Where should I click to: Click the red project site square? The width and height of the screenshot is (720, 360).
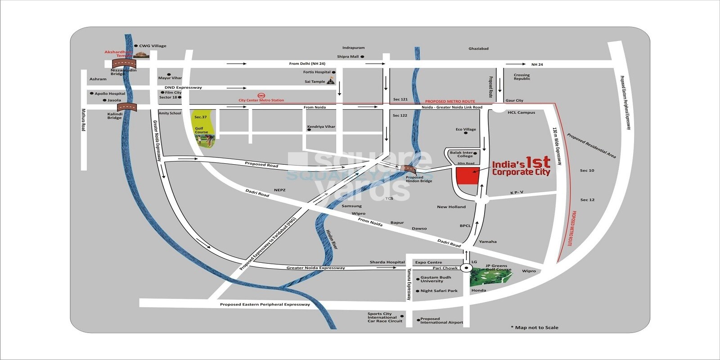[x=467, y=176]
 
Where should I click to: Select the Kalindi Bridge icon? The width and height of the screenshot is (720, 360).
[x=126, y=107]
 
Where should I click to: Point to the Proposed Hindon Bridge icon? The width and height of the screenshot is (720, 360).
[x=408, y=169]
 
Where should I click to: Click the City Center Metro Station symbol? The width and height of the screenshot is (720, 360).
[x=261, y=95]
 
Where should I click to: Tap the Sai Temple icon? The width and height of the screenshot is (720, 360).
[x=331, y=81]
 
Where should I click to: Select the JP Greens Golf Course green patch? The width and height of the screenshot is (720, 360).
[x=490, y=277]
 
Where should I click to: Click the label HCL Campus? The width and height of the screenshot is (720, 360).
[x=521, y=112]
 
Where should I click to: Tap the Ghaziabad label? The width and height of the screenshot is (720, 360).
[x=478, y=49]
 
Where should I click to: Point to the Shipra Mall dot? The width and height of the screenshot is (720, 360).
[x=362, y=57]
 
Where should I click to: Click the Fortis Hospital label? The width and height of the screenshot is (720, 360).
[x=317, y=72]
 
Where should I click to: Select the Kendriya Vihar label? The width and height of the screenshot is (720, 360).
[x=321, y=127]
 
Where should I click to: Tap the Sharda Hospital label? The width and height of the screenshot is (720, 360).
[x=387, y=262]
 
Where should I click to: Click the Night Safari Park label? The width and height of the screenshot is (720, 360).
[x=439, y=291]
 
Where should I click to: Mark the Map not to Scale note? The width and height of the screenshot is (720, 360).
[x=534, y=328]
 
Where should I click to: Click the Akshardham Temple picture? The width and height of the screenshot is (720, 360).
[x=144, y=55]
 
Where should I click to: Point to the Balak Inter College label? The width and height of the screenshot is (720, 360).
[x=461, y=154]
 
